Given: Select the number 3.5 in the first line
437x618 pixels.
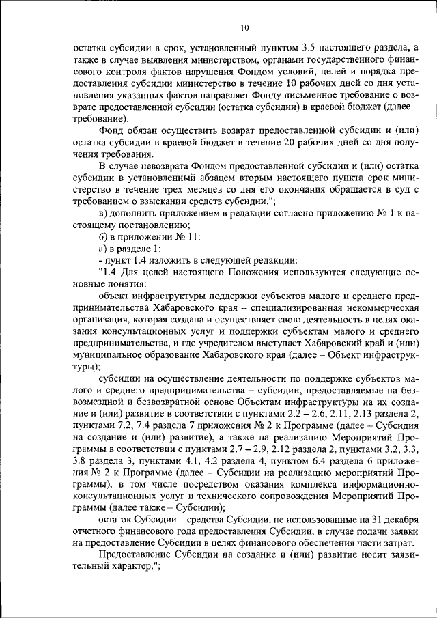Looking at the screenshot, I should pyautogui.click(x=309, y=47).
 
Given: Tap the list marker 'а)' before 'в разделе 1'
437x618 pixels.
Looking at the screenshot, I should pyautogui.click(x=103, y=249).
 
